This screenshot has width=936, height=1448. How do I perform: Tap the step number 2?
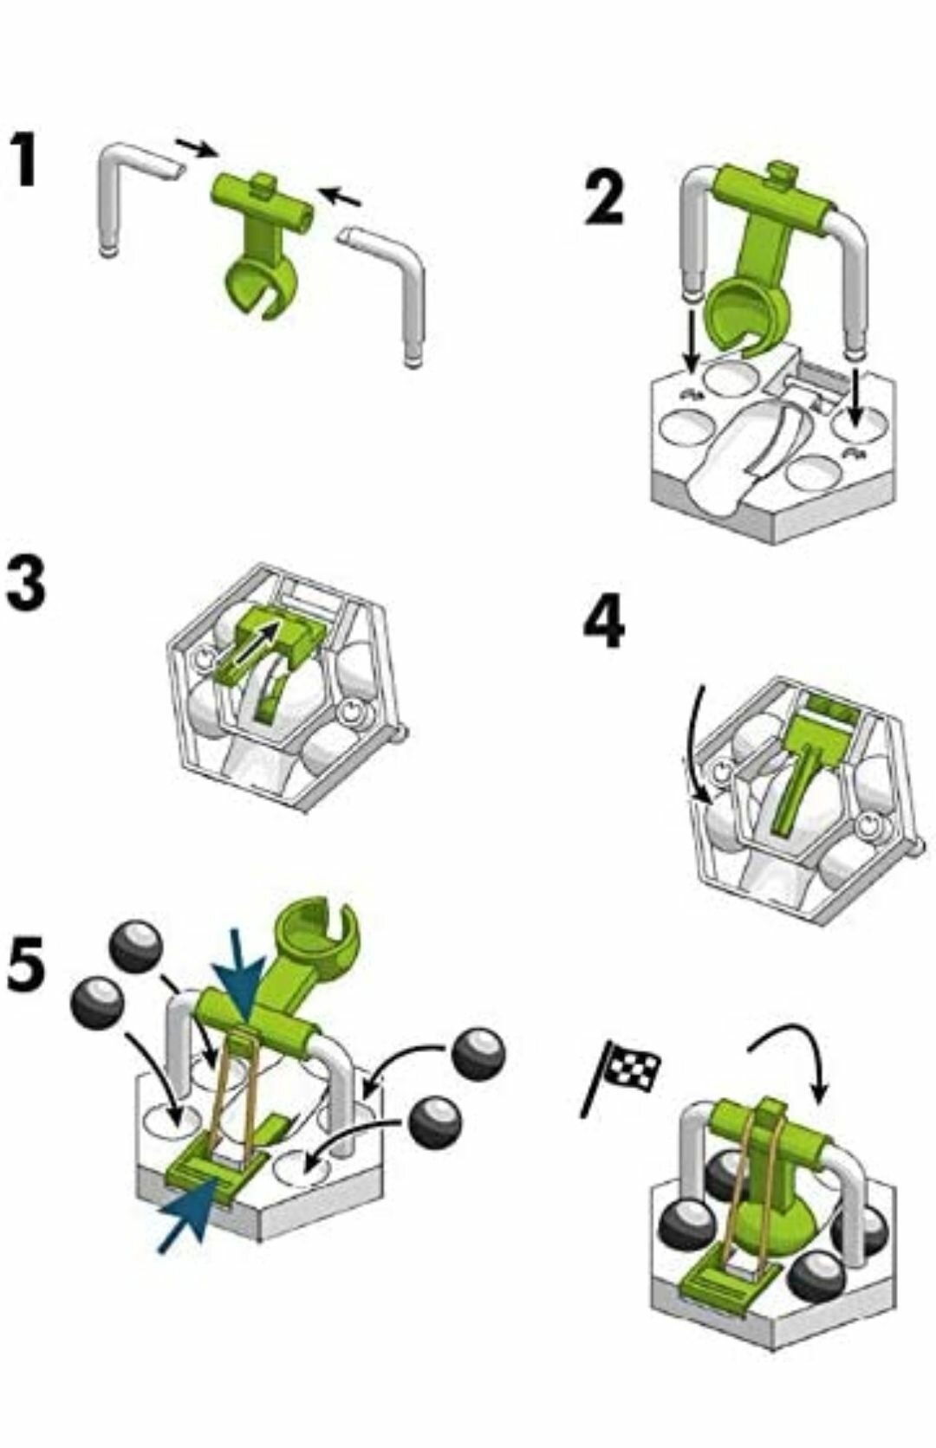tap(604, 197)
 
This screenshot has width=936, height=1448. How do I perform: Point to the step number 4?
tap(603, 623)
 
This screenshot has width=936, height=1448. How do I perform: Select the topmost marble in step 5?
tap(136, 946)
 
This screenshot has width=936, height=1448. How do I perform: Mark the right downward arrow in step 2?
tap(855, 399)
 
